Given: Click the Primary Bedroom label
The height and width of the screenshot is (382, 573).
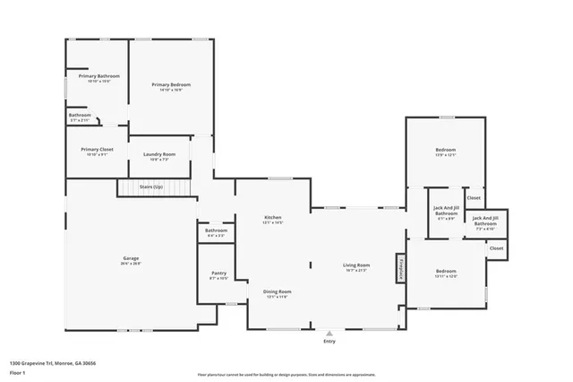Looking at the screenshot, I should (x=170, y=84).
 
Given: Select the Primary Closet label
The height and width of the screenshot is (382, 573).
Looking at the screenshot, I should (x=96, y=149).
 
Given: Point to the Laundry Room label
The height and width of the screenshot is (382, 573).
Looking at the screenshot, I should (x=158, y=154).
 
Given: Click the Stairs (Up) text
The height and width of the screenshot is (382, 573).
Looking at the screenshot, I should (x=151, y=187).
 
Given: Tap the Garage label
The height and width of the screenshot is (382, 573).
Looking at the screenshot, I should (x=131, y=258).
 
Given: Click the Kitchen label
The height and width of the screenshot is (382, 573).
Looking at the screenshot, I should (x=272, y=218).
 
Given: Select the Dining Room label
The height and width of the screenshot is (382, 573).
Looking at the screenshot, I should (x=277, y=291).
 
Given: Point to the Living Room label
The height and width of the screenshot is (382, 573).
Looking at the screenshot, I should (x=356, y=265).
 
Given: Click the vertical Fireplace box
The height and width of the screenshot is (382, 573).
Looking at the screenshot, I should (x=401, y=267).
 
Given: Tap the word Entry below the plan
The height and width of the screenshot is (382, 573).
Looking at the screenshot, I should (x=329, y=342).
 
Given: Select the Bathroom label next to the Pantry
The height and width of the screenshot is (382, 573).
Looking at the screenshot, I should (x=216, y=230).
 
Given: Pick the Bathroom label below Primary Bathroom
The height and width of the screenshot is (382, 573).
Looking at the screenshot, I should (x=80, y=115).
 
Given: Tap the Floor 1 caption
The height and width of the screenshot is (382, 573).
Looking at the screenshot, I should (x=17, y=370).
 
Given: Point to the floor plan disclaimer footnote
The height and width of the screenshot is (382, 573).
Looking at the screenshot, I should (x=286, y=373).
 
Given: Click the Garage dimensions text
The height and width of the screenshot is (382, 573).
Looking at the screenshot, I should (x=131, y=264).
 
